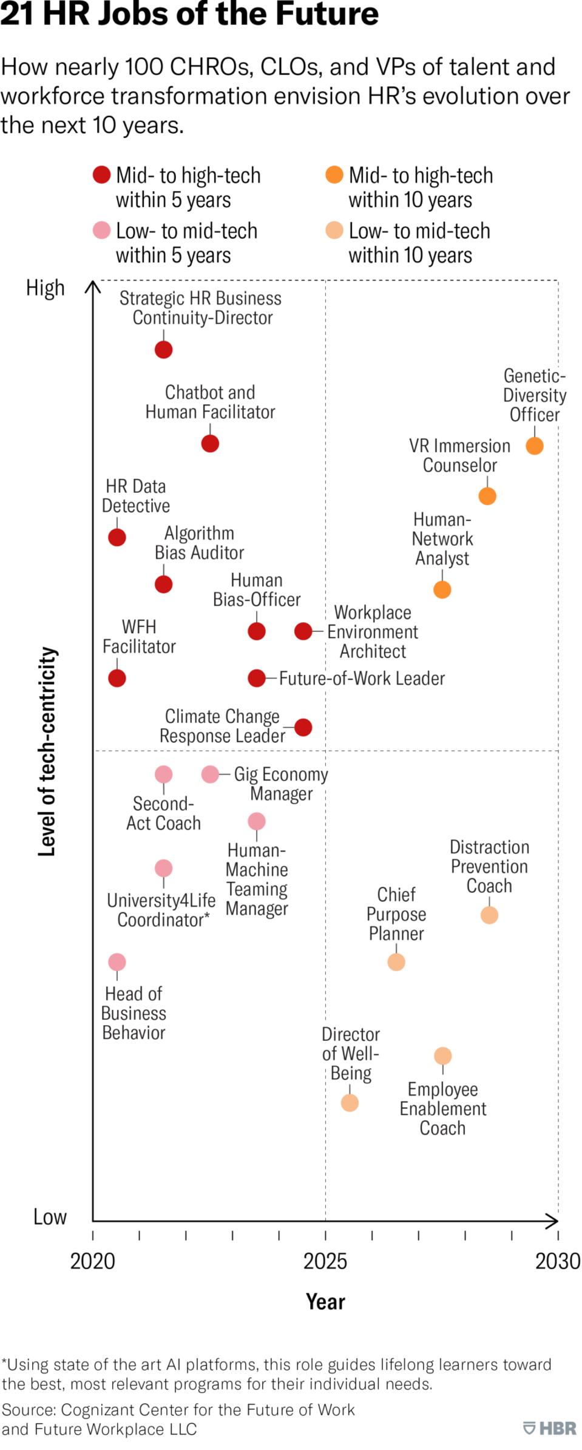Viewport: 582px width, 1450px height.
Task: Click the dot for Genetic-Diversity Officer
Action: (534, 446)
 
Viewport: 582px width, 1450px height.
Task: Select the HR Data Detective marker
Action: (117, 537)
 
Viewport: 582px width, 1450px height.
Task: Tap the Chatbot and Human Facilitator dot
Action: (210, 444)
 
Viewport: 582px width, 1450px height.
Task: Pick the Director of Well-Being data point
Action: (350, 1102)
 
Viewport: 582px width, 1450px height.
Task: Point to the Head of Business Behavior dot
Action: (117, 962)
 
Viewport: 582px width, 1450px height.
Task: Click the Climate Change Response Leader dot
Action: (303, 727)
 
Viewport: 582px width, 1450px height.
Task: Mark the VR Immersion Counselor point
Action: (487, 496)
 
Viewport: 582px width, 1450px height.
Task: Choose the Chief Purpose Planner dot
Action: (396, 962)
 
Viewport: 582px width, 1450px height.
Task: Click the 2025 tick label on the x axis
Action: (325, 1261)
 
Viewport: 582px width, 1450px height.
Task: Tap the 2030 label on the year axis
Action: (557, 1261)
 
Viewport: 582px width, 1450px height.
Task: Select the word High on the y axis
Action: (45, 288)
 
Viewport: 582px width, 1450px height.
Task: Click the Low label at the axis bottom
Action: (50, 1217)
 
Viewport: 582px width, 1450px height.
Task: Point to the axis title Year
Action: (325, 1302)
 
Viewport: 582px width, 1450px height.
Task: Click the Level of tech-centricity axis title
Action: (47, 751)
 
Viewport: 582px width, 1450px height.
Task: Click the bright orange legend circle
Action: (334, 175)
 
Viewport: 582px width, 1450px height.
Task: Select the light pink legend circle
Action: (101, 230)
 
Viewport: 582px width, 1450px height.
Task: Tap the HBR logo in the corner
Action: (550, 1428)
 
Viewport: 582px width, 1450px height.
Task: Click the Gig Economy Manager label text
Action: (281, 784)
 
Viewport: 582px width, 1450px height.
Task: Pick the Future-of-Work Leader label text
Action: (362, 679)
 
